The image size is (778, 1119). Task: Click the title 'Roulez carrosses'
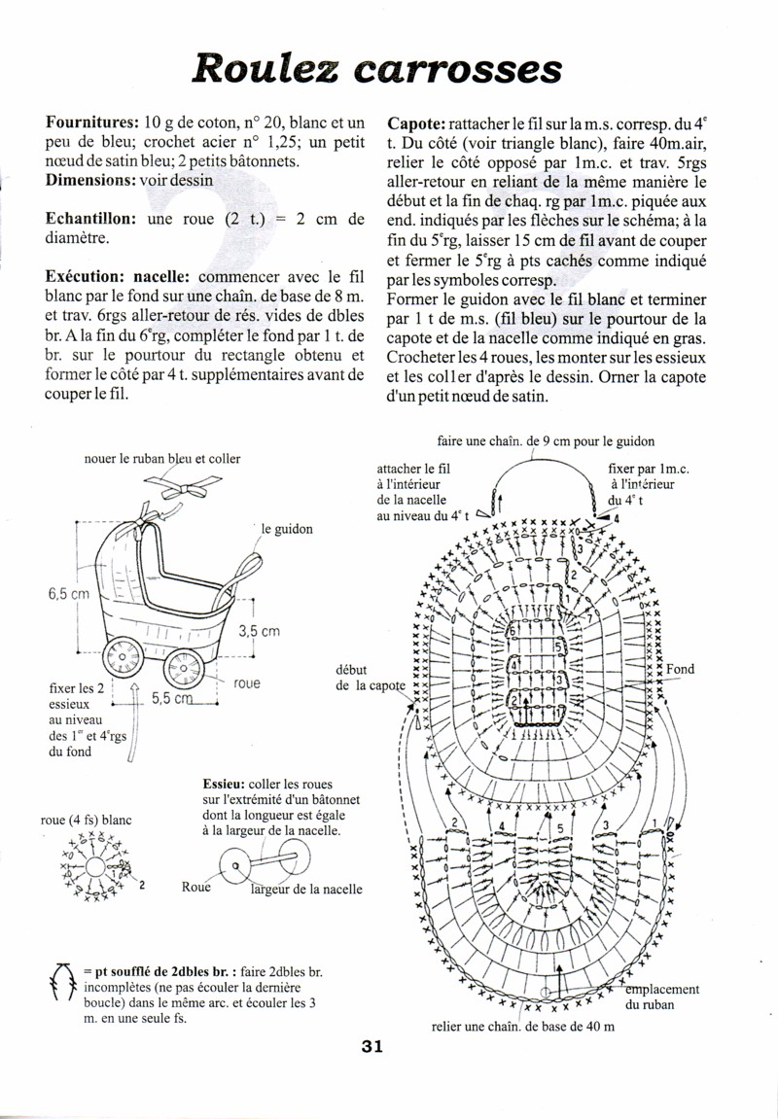coord(378,67)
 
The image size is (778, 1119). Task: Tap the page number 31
coord(372,1047)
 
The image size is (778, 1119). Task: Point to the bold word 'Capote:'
coord(416,123)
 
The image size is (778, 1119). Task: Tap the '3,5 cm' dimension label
coord(259,630)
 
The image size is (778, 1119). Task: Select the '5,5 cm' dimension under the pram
coord(171,698)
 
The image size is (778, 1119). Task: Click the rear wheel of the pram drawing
coord(123,662)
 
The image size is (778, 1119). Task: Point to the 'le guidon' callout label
coord(286,530)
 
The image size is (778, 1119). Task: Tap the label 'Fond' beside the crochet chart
coord(680,669)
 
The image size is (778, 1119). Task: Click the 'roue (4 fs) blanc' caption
coord(86,820)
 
